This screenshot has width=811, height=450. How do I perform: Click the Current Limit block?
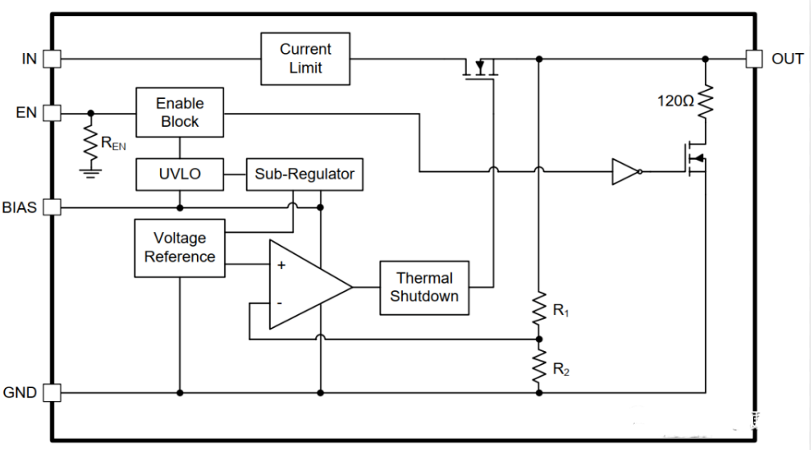pyautogui.click(x=305, y=59)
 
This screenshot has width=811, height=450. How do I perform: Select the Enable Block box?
pyautogui.click(x=179, y=112)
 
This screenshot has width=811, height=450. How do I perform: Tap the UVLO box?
pyautogui.click(x=179, y=174)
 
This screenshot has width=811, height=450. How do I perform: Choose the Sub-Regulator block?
pyautogui.click(x=304, y=174)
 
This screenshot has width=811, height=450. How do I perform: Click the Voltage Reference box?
pyautogui.click(x=179, y=247)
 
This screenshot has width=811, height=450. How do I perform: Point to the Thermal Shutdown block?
pyautogui.click(x=424, y=287)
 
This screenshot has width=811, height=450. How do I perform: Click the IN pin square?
pyautogui.click(x=51, y=59)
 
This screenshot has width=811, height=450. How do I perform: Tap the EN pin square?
pyautogui.click(x=51, y=112)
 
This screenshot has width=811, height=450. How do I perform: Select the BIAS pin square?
pyautogui.click(x=51, y=207)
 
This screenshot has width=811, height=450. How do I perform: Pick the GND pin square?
pyautogui.click(x=51, y=393)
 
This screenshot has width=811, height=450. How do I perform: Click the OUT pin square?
pyautogui.click(x=753, y=59)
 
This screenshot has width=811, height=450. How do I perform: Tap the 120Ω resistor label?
pyautogui.click(x=674, y=102)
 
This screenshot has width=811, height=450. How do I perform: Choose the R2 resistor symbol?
pyautogui.click(x=539, y=366)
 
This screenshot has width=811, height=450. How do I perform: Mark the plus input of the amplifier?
pyautogui.click(x=281, y=265)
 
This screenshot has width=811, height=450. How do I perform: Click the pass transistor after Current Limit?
pyautogui.click(x=481, y=68)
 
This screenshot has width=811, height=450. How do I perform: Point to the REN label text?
pyautogui.click(x=113, y=145)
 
